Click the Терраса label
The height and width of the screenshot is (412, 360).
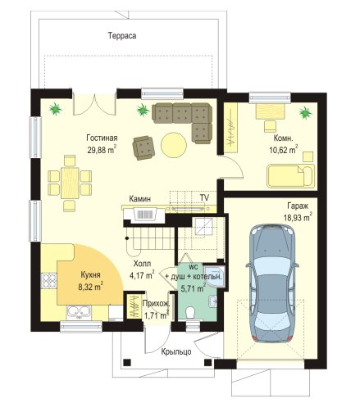click(x=122, y=36)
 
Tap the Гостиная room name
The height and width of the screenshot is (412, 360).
click(x=102, y=138)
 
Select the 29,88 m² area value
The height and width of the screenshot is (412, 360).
click(x=102, y=149)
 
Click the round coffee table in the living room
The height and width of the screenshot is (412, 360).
click(x=174, y=145)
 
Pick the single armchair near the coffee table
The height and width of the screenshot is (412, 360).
click(x=144, y=148)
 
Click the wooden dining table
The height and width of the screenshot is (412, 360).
click(x=70, y=183)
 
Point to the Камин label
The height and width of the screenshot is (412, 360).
click(x=139, y=199)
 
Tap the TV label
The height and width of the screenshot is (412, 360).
click(x=204, y=197)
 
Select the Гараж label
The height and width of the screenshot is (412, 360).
click(x=298, y=206)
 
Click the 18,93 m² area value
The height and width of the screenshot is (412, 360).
click(x=298, y=217)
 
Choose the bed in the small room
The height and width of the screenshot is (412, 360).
click(x=290, y=176)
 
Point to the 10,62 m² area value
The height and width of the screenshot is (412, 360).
click(x=284, y=149)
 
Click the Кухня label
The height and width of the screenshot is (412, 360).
click(x=90, y=275)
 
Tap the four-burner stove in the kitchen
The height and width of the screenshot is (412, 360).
click(x=48, y=281)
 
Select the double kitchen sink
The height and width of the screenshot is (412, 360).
click(x=79, y=312)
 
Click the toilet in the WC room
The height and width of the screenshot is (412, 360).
click(x=189, y=313)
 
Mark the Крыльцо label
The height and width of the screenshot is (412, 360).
click(x=176, y=352)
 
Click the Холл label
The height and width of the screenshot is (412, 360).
click(x=142, y=264)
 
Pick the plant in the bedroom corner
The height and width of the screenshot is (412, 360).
click(x=305, y=112)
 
